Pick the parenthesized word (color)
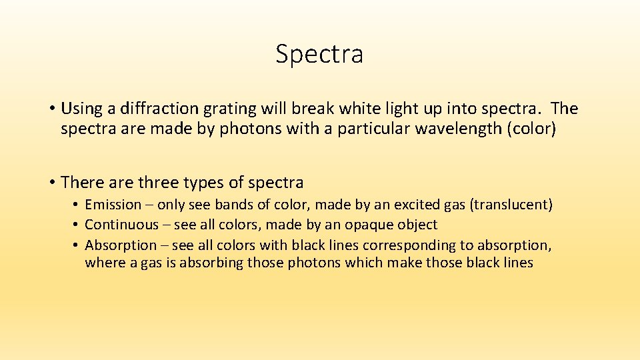click(531, 128)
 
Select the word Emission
click(113, 205)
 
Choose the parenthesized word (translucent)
click(511, 205)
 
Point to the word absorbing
click(210, 263)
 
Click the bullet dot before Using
click(51, 109)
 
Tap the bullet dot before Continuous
click(77, 225)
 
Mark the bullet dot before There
click(51, 183)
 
